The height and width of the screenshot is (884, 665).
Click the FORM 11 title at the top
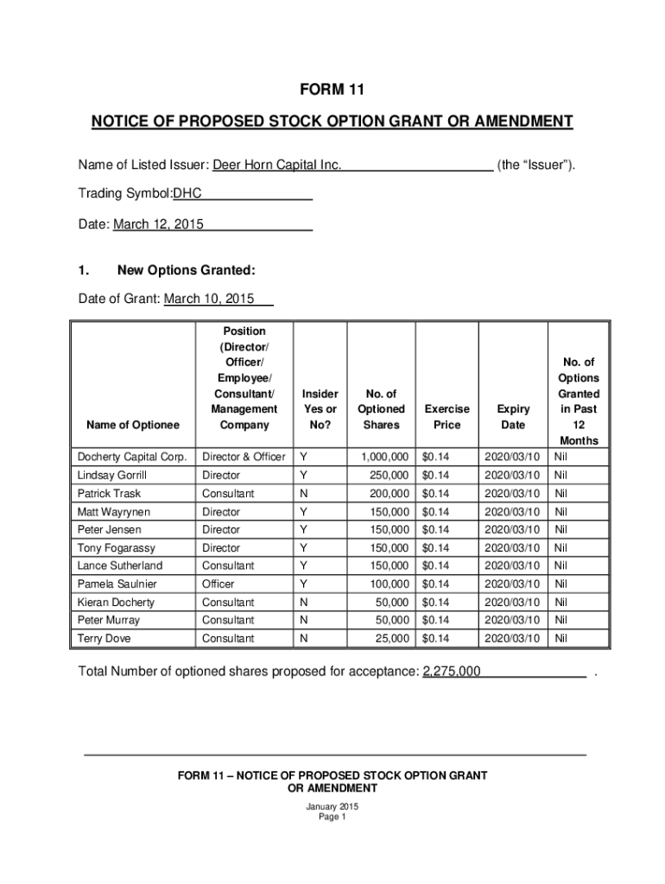pyautogui.click(x=332, y=90)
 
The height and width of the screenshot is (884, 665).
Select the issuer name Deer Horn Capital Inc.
pyautogui.click(x=277, y=165)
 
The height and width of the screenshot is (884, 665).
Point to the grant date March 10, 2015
pyautogui.click(x=203, y=299)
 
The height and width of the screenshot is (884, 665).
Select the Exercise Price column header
pyautogui.click(x=447, y=417)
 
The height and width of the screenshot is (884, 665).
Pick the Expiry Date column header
pyautogui.click(x=513, y=417)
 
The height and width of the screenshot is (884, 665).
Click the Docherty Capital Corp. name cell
pyautogui.click(x=132, y=457)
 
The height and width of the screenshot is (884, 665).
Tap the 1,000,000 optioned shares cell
pyautogui.click(x=381, y=457)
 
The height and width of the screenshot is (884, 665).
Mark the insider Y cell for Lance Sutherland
pyautogui.click(x=303, y=565)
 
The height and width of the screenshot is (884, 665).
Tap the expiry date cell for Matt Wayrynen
pyautogui.click(x=512, y=512)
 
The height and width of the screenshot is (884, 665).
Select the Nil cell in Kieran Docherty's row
pyautogui.click(x=561, y=602)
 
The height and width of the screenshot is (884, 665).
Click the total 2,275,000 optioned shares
pyautogui.click(x=452, y=672)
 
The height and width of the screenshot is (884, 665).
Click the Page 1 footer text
pyautogui.click(x=332, y=818)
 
